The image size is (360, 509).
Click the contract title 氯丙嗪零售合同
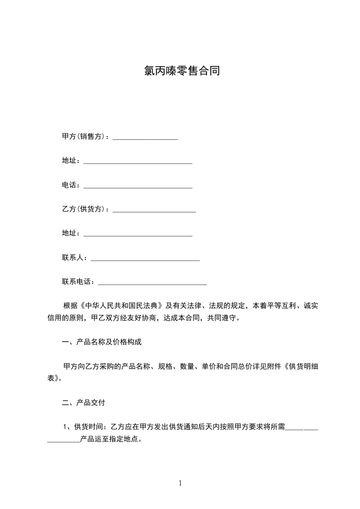pyautogui.click(x=182, y=71)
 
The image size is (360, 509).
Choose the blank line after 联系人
pyautogui.click(x=145, y=259)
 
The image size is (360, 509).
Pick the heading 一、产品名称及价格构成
pyautogui.click(x=102, y=342)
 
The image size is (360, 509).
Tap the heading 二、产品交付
pyautogui.click(x=84, y=402)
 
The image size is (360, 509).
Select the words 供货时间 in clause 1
pyautogui.click(x=89, y=426)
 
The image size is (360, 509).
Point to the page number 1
pyautogui.click(x=180, y=483)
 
